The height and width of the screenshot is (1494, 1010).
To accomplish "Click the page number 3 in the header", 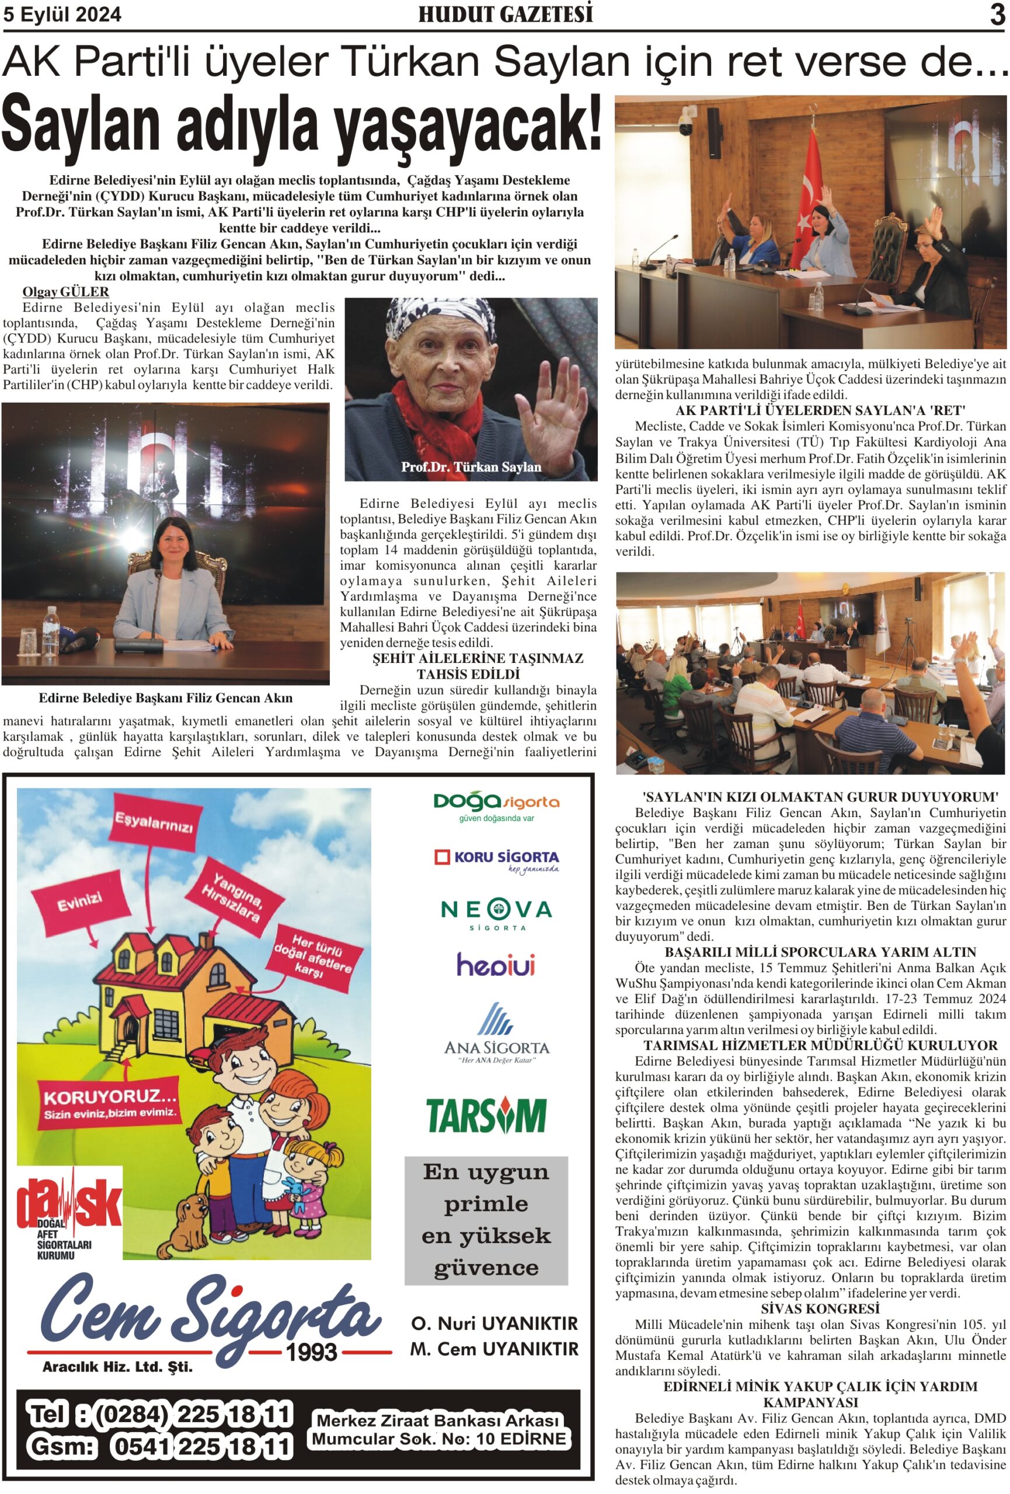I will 997,14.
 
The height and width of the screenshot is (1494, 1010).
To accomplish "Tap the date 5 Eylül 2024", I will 62,15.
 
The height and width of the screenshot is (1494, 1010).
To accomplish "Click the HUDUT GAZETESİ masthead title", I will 506,14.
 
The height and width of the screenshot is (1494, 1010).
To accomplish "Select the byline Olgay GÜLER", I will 65,292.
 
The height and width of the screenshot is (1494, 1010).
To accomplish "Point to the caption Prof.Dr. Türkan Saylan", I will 471,467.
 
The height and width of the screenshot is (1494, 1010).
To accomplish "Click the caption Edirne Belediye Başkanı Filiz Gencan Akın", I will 165,698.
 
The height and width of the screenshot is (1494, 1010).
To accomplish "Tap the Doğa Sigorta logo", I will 496,805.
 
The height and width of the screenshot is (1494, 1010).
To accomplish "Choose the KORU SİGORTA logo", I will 496,860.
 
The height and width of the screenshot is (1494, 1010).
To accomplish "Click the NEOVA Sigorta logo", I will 496,913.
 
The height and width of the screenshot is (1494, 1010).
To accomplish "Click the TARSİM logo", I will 487,1115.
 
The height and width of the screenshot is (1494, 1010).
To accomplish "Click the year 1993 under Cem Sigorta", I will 312,1352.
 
